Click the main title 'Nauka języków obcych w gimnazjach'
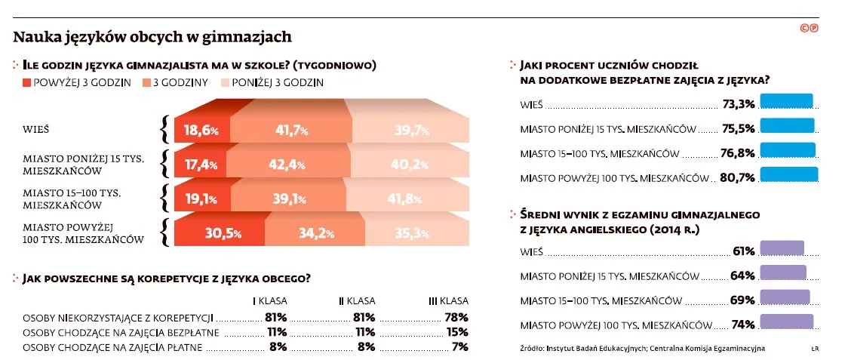coord(152,36)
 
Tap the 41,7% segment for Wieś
coord(291,130)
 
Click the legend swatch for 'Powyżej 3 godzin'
coord(17,82)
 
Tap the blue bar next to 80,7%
coord(789,174)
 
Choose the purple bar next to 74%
coord(787,322)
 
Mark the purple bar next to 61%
coord(782,249)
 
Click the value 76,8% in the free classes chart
coord(738,153)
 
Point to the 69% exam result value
coord(742,300)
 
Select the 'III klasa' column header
coord(448,300)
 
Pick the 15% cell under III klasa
coord(457,332)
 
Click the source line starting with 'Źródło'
coord(641,348)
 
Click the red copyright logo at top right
coord(810,28)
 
